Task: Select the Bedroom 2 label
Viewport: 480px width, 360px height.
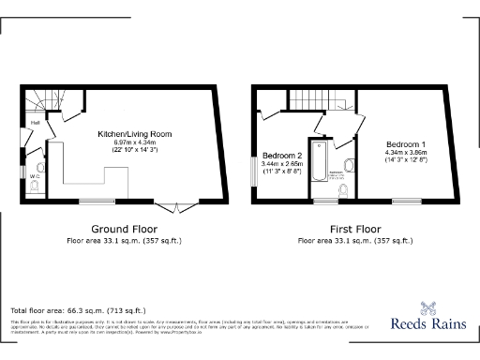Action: [281, 155]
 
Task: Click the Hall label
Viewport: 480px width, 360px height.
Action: [35, 123]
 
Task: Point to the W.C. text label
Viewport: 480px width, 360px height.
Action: [34, 175]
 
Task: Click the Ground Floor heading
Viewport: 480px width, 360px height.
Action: [124, 229]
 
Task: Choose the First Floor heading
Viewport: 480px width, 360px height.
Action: [354, 229]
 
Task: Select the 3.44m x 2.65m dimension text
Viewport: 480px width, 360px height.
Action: [281, 165]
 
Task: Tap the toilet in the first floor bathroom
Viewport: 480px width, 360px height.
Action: [342, 192]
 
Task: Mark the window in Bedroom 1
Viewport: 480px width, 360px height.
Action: [405, 201]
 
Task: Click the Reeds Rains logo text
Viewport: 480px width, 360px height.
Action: [439, 323]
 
